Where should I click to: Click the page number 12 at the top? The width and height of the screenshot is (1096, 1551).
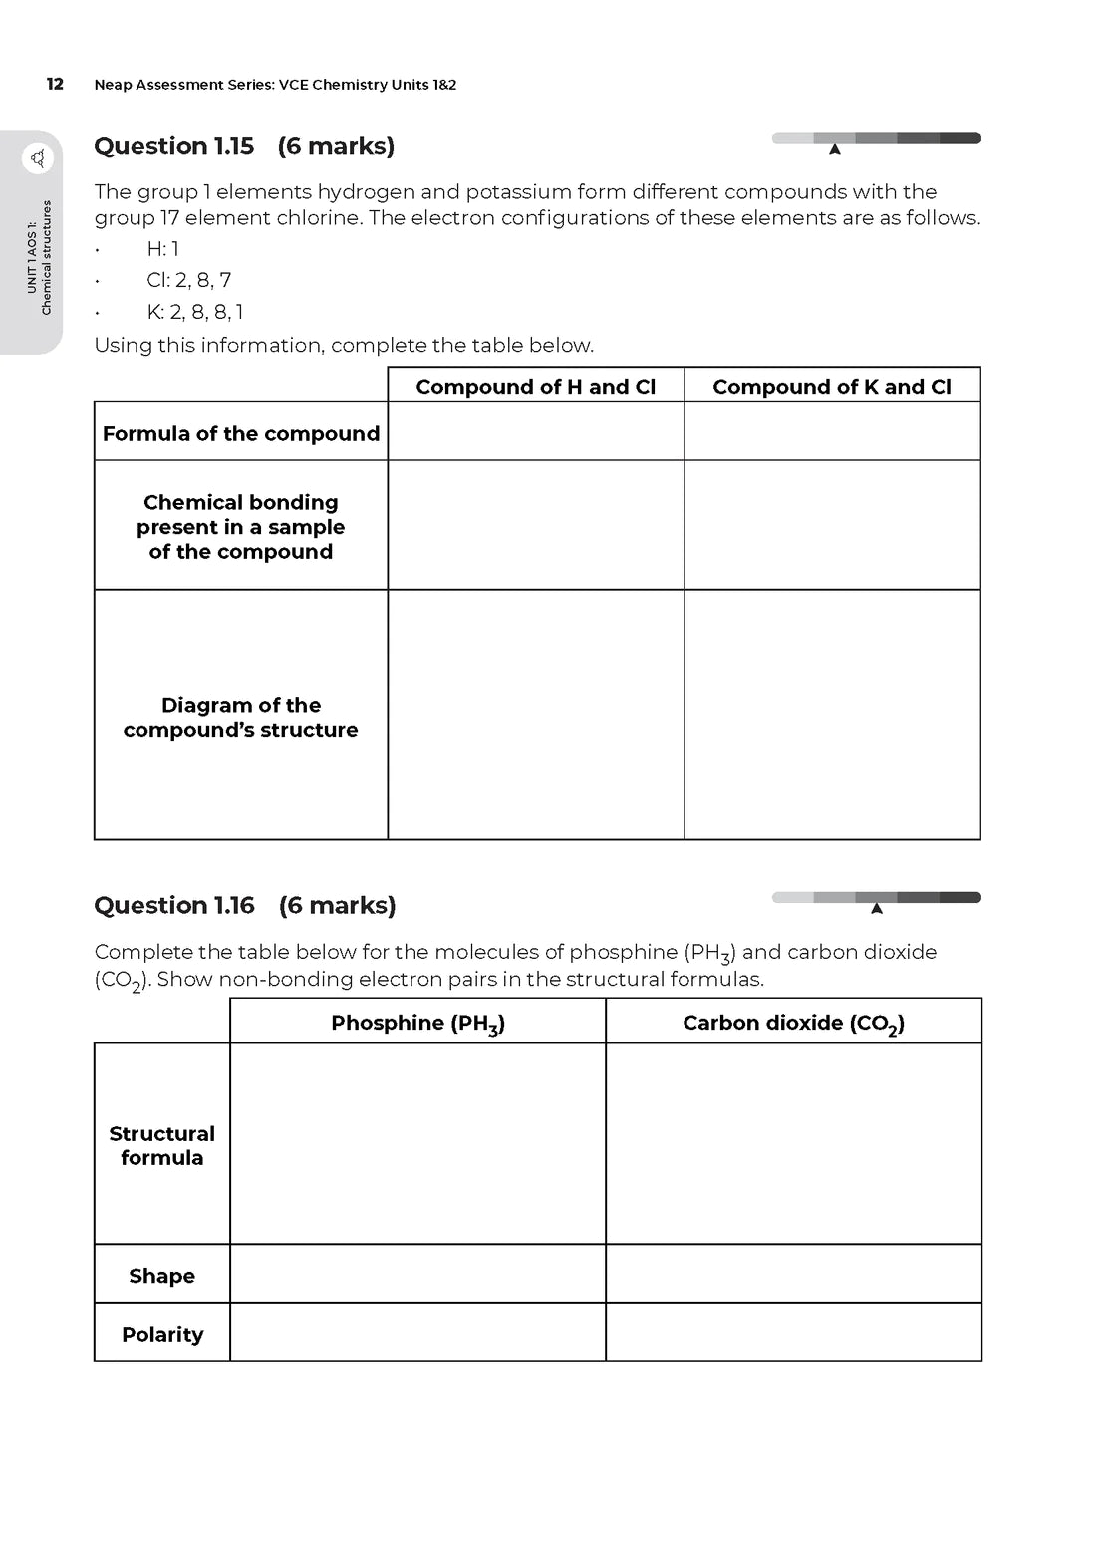55,84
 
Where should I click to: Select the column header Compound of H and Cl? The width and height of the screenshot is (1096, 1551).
536,386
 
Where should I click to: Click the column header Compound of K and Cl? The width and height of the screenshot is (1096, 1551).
832,386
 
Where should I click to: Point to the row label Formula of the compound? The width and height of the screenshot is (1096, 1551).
241,433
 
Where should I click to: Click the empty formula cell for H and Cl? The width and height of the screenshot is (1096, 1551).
536,431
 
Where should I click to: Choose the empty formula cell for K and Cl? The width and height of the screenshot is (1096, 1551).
832,431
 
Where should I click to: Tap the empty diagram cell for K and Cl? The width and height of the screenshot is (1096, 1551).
832,715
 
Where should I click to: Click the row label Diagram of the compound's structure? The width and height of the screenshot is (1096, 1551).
241,717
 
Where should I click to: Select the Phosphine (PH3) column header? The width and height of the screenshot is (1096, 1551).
417,1023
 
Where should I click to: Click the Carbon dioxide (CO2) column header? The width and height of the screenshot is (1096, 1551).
793,1023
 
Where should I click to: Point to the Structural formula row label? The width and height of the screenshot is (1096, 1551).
162,1145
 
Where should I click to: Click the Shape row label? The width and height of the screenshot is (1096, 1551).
162,1275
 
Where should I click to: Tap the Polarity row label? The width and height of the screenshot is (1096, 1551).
162,1334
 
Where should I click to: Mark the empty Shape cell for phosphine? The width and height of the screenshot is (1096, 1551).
417,1274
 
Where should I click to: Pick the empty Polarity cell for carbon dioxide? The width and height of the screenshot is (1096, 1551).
793,1333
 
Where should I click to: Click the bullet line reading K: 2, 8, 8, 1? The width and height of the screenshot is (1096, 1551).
195,312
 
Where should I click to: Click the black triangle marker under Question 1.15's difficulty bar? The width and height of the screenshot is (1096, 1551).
835,150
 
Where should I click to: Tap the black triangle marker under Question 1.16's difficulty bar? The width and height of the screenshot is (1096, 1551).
877,908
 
